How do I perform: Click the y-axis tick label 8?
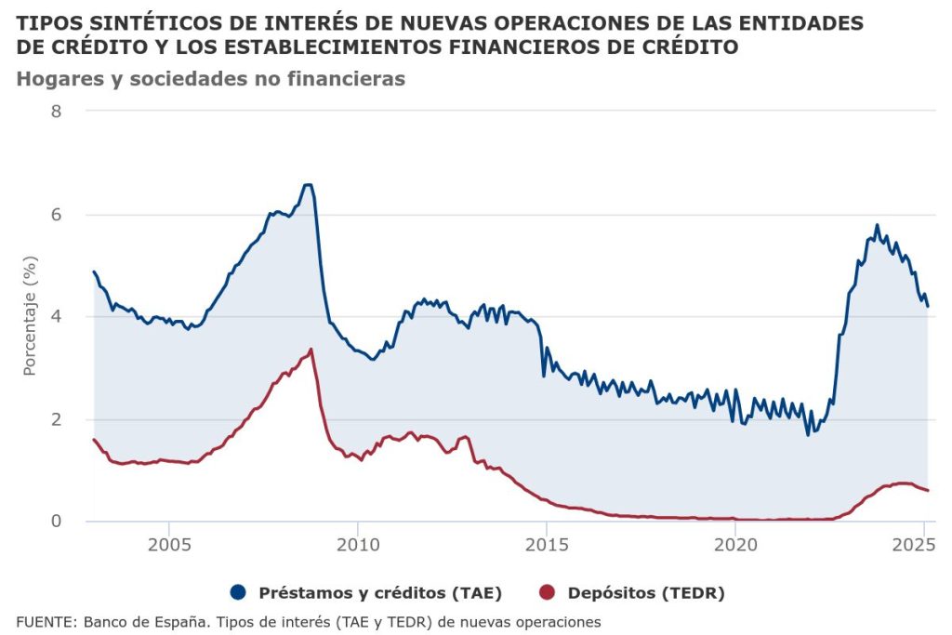56,112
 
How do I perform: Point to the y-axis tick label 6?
56,214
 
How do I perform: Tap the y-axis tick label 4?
56,316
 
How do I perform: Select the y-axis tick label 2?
56,419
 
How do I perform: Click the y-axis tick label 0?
56,522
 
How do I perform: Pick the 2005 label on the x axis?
169,543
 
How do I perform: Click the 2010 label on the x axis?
358,543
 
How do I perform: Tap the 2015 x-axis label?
546,543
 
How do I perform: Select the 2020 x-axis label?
734,543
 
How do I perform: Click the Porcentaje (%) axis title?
29,316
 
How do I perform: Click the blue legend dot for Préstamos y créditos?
239,592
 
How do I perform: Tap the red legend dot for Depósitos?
548,592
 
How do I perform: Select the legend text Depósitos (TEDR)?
646,592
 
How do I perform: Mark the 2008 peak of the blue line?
309,185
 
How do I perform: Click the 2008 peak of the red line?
311,350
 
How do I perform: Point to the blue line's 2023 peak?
877,225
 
